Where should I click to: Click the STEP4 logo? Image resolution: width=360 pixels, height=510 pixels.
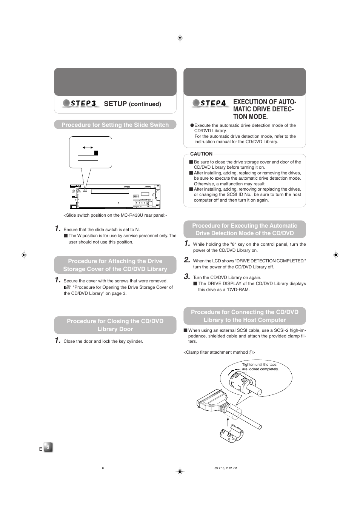[x=210, y=103]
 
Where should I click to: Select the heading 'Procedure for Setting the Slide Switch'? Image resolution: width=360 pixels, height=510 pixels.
[x=115, y=125]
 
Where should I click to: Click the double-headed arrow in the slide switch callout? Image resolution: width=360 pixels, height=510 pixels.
[x=88, y=148]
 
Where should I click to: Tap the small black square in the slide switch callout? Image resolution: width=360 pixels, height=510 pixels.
[x=96, y=153]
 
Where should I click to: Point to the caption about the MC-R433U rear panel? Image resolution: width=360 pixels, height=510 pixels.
[x=115, y=215]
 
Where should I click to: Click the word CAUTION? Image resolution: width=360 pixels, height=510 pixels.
[x=201, y=154]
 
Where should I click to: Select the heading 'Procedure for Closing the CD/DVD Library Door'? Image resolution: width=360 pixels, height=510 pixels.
[x=115, y=325]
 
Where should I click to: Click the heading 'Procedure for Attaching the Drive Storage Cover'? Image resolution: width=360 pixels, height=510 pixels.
[x=115, y=265]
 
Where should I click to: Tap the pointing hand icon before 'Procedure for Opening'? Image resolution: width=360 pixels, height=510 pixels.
[x=67, y=287]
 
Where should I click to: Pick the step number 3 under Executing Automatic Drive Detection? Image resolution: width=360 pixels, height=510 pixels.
[x=187, y=276]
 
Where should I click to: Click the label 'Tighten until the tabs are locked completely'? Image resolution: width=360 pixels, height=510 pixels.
[x=260, y=367]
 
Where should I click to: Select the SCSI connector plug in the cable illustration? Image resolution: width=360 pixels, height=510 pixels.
[x=212, y=401]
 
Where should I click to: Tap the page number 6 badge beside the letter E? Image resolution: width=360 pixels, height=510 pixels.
[x=48, y=447]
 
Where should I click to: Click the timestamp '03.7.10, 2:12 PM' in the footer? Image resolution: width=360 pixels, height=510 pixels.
[x=226, y=468]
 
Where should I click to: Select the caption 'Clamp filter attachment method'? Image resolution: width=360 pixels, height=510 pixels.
[x=219, y=352]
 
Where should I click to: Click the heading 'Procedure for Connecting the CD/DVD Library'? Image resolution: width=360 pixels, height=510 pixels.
[x=245, y=316]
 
